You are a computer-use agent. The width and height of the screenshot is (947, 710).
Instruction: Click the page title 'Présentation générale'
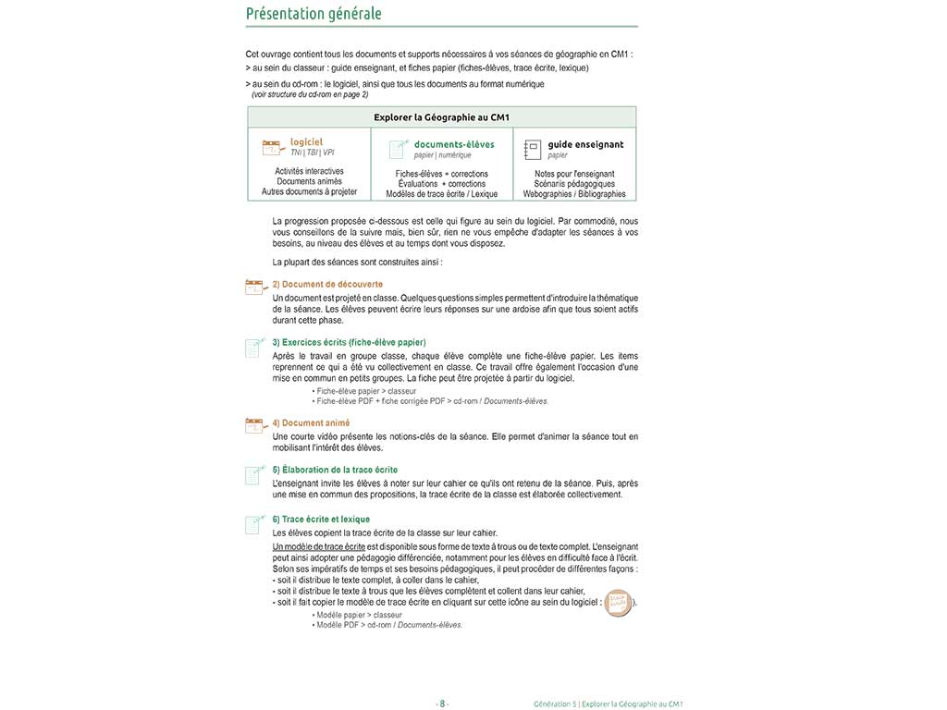pyautogui.click(x=314, y=14)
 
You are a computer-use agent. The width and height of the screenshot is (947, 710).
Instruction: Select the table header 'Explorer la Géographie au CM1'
pyautogui.click(x=442, y=117)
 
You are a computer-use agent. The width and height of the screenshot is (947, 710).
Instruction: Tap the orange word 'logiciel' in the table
pyautogui.click(x=306, y=141)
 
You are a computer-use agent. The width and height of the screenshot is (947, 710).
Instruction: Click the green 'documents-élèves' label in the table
pyautogui.click(x=454, y=144)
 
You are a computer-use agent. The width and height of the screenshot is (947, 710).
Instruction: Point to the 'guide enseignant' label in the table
pyautogui.click(x=585, y=144)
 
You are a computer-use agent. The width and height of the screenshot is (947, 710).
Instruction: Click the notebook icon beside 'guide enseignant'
pyautogui.click(x=532, y=149)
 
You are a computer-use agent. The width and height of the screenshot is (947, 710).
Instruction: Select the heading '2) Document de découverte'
pyautogui.click(x=327, y=284)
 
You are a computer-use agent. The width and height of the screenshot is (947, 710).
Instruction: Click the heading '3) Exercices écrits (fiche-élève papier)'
pyautogui.click(x=349, y=342)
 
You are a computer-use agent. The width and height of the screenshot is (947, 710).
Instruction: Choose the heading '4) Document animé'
pyautogui.click(x=311, y=422)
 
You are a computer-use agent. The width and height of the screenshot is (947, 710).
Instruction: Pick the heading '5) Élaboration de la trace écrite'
pyautogui.click(x=335, y=470)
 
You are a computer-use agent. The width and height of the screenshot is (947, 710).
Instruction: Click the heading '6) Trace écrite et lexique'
pyautogui.click(x=321, y=520)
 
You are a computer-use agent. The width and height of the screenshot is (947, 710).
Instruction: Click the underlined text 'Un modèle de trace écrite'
pyautogui.click(x=313, y=547)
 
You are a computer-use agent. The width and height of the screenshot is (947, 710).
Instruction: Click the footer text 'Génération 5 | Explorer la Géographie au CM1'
pyautogui.click(x=608, y=704)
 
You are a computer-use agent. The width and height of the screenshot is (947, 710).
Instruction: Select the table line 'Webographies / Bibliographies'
pyautogui.click(x=574, y=194)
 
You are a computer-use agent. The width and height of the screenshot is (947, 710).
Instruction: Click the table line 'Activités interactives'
pyautogui.click(x=309, y=171)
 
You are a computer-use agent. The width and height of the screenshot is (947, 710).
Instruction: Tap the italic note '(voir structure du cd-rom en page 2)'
pyautogui.click(x=310, y=94)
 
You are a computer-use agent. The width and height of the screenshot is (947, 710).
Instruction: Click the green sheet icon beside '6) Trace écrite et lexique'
pyautogui.click(x=252, y=525)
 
